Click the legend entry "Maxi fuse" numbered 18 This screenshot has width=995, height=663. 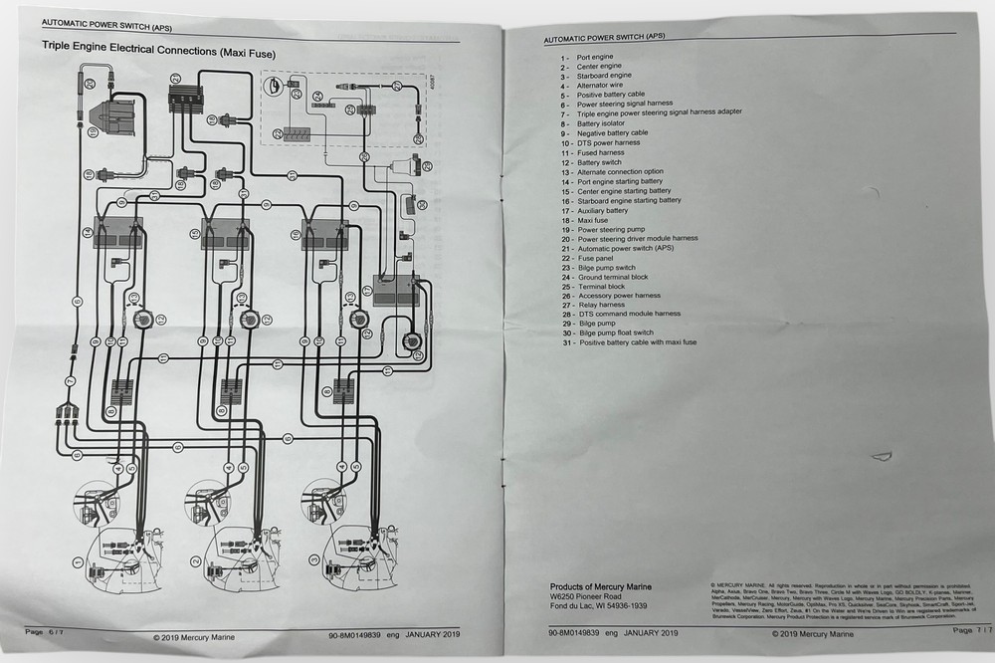(596, 220)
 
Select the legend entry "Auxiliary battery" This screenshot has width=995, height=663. (602, 210)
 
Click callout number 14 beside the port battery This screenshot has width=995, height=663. (88, 232)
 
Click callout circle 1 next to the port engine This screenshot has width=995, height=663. (77, 563)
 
